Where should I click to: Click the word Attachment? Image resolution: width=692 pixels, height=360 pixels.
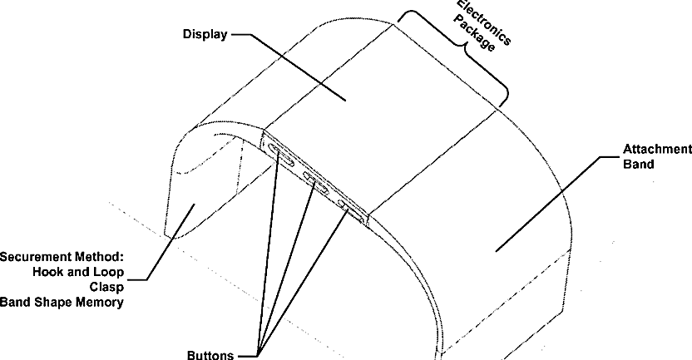point(657,150)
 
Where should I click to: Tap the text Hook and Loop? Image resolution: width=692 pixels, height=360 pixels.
point(78,272)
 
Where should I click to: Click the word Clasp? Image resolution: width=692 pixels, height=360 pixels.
point(106,287)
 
